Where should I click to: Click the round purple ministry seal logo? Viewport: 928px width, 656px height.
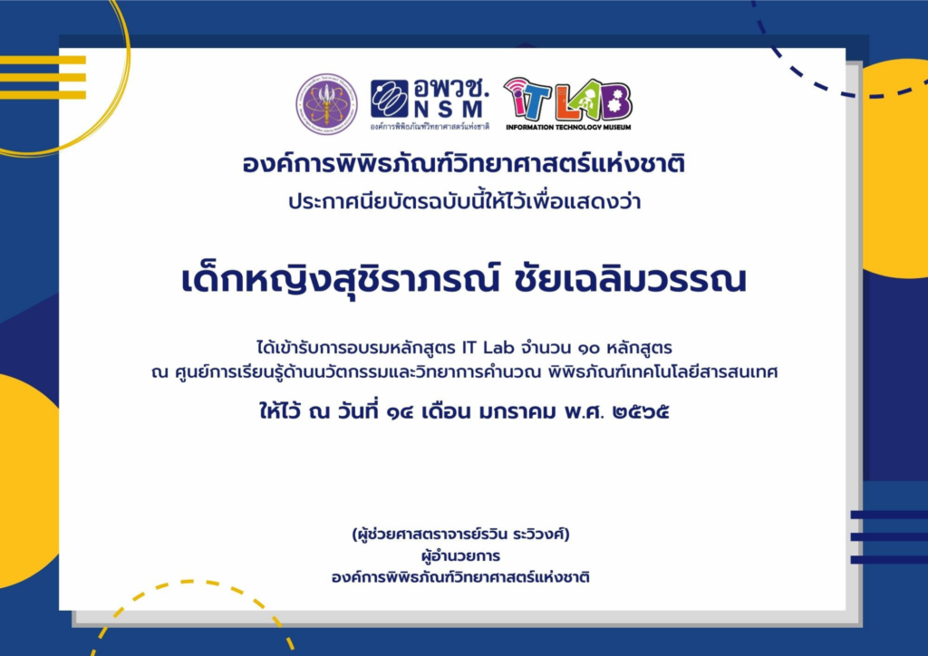326,104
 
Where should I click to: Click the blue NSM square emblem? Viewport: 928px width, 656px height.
390,98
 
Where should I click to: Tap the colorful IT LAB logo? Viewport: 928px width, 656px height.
567,99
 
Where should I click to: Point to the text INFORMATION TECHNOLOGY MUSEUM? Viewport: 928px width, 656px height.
568,127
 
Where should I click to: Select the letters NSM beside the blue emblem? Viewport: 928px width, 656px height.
449,110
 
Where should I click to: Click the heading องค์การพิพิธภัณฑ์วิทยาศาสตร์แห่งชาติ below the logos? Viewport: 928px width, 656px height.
463,164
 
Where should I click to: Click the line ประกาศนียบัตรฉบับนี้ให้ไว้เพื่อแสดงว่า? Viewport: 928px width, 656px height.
465,202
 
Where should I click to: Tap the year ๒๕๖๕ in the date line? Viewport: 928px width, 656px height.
642,411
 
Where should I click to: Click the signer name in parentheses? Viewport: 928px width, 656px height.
460,535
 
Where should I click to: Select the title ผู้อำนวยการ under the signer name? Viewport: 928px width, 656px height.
460,556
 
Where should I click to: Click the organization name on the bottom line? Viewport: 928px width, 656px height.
460,577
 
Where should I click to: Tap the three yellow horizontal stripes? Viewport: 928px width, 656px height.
43,78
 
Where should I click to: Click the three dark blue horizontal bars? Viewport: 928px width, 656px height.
889,537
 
